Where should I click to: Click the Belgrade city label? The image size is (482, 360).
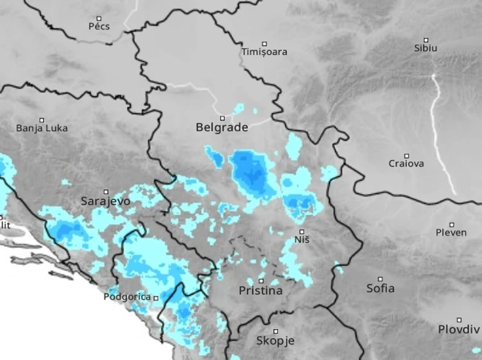[x=221, y=128]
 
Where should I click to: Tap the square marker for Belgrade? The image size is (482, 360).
[x=223, y=118]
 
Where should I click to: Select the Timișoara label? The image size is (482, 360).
[x=264, y=52]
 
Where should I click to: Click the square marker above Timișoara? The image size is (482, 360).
[x=264, y=43]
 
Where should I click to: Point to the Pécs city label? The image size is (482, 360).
[x=99, y=26]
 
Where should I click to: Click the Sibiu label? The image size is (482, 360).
[x=425, y=48]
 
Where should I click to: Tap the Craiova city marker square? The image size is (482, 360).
[x=407, y=156]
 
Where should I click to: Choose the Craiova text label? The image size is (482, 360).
[x=406, y=164]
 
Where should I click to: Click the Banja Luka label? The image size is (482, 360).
[x=42, y=128]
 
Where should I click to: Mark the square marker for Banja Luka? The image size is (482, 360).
[x=42, y=120]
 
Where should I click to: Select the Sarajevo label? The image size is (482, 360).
[x=106, y=200]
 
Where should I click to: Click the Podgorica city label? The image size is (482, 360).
[x=127, y=297]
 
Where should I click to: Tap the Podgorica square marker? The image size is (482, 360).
[x=156, y=298]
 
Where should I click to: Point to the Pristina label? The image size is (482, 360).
[x=261, y=291]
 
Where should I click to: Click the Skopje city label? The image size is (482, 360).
[x=275, y=340]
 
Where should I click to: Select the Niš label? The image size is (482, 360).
[x=302, y=240]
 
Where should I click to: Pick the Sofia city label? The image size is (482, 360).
[x=380, y=288]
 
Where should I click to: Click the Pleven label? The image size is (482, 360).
[x=451, y=232]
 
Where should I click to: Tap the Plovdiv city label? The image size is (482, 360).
[x=459, y=329]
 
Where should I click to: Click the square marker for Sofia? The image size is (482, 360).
[x=380, y=279]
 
